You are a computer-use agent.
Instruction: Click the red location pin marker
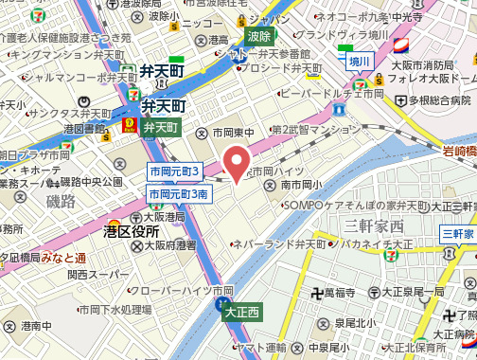point(236,161)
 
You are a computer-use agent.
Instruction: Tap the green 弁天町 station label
point(161,127)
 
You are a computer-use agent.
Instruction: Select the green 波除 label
point(257,37)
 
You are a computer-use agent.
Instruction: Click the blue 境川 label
point(360,62)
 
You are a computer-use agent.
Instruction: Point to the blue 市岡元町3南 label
point(179,193)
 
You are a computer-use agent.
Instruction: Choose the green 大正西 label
point(242,311)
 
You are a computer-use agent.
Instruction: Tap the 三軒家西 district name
point(374,225)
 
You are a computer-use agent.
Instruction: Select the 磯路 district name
point(60,201)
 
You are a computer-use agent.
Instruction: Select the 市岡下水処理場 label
point(115,309)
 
